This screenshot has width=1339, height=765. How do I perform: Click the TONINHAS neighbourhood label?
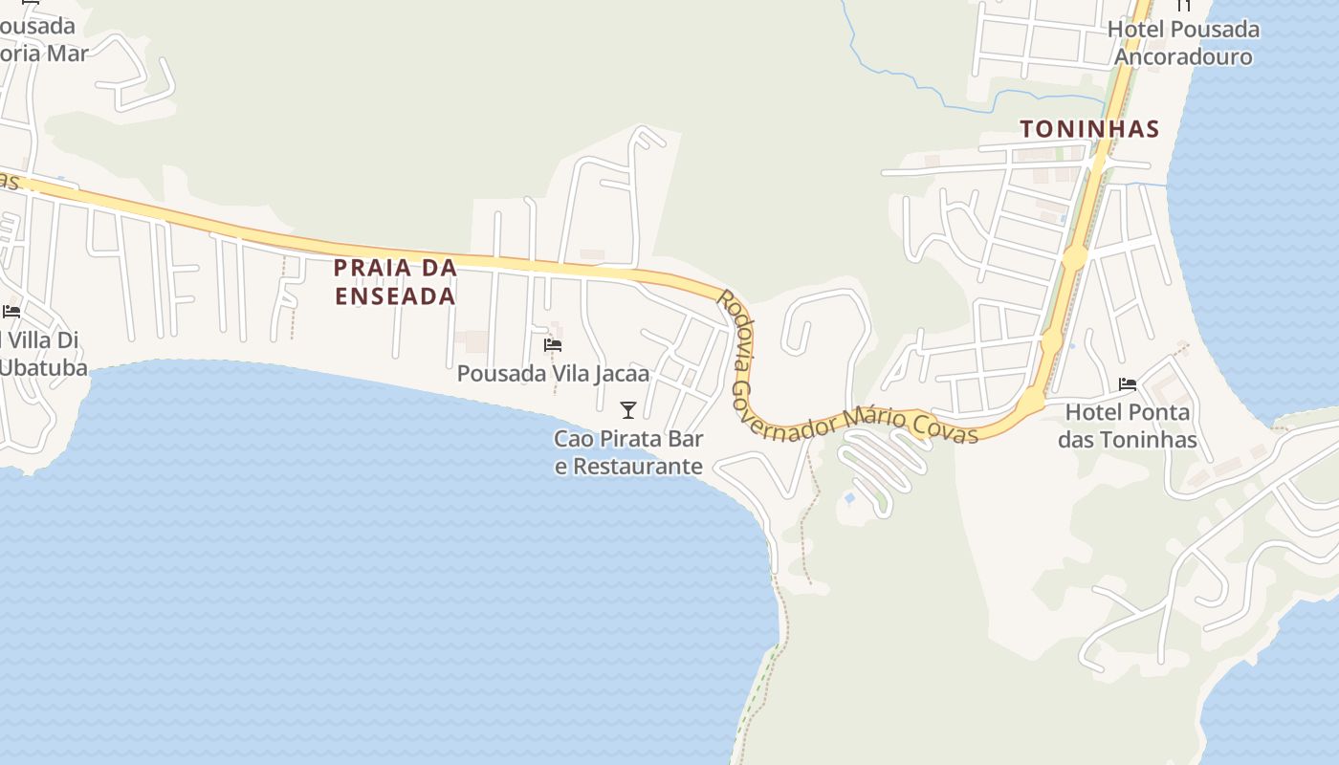1089,129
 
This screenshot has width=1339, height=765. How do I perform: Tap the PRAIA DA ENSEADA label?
395,282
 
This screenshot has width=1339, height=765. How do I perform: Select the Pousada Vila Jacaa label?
553,374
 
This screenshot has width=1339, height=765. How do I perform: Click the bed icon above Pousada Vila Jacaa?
553,345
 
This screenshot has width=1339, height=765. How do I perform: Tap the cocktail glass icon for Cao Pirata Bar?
628,410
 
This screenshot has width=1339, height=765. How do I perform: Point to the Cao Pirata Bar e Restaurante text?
629,452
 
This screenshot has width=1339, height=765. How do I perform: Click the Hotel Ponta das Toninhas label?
1128,426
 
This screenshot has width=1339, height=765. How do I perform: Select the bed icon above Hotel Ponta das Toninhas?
1128,384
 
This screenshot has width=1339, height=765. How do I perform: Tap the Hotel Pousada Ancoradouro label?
1183,43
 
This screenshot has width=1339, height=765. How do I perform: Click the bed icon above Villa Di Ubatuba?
11,312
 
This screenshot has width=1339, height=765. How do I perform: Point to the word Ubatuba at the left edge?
43,368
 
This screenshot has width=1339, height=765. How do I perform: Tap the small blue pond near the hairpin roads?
849,498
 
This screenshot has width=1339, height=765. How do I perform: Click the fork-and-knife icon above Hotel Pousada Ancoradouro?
1184,5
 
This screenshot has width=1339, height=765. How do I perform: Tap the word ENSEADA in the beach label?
395,296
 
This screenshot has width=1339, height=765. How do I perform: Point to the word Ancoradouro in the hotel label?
1183,56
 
